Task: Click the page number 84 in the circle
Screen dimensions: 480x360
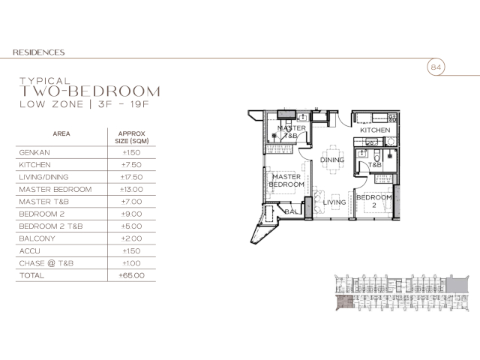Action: point(436,67)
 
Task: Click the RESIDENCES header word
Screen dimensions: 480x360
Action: point(38,52)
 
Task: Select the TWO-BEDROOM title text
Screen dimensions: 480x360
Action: point(90,91)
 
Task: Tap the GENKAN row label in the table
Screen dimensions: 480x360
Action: point(34,152)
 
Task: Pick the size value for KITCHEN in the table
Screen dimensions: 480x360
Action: point(131,165)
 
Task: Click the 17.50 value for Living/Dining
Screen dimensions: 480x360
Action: point(131,177)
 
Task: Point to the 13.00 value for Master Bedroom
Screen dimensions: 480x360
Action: point(131,189)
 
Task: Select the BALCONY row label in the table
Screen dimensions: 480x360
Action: point(37,238)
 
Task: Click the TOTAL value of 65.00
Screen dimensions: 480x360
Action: point(132,275)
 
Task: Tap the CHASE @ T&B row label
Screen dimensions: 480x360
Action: point(46,263)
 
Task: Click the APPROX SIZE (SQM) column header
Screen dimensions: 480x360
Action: point(132,137)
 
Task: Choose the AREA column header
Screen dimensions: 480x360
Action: point(61,133)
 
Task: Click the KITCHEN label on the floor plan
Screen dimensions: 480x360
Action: point(375,130)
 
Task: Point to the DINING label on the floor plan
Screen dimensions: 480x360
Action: point(332,160)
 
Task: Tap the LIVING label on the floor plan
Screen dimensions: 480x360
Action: point(334,202)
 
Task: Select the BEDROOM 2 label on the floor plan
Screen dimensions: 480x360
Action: point(374,201)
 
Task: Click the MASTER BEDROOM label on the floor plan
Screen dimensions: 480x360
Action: point(286,181)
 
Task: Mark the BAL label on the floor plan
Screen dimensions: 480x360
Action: point(291,211)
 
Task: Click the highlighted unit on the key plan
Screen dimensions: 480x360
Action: point(345,302)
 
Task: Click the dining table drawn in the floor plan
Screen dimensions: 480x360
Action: point(333,160)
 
